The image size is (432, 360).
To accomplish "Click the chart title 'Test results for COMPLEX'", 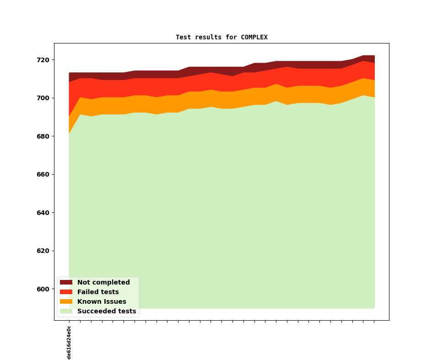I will [221, 38].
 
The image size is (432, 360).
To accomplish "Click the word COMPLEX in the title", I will [254, 38].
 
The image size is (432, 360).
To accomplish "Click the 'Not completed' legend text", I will [103, 283].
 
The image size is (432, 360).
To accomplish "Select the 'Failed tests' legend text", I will [98, 292].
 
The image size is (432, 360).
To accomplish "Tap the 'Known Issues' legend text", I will [102, 302].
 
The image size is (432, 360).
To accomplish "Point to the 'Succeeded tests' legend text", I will [107, 312].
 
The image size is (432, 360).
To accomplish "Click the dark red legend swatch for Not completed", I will [66, 283].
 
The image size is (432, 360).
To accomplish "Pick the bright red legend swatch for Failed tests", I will [66, 292].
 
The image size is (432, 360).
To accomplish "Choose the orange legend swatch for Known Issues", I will [66, 302].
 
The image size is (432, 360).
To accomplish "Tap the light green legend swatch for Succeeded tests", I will [66, 312].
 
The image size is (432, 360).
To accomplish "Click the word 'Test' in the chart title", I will [184, 38].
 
